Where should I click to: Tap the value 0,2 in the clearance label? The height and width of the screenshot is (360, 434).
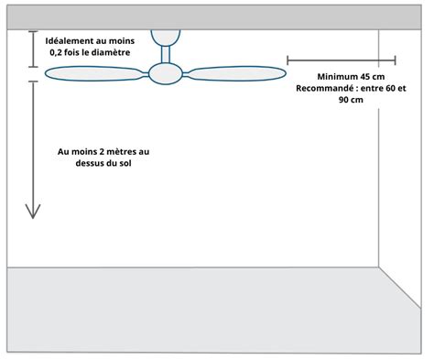[x=59, y=54]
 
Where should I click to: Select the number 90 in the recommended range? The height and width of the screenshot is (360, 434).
[x=332, y=101]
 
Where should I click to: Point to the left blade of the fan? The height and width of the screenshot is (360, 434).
[x=96, y=79]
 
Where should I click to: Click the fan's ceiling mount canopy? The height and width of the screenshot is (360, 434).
[x=164, y=37]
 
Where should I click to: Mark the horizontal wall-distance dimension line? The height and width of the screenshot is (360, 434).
[x=342, y=60]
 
